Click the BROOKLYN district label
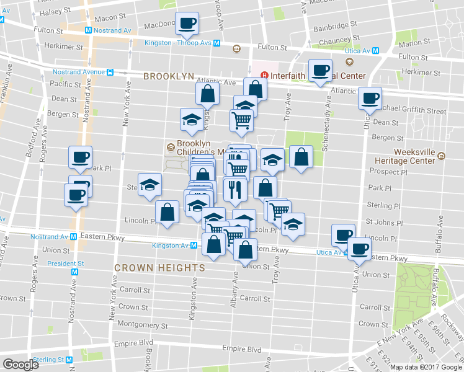coord(169,76)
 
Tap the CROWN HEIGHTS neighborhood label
coord(159,267)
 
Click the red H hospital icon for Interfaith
coord(265,76)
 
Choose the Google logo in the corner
coord(20,365)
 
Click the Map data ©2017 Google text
coord(426,367)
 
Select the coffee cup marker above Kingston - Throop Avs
coord(187,24)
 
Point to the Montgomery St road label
coord(143,324)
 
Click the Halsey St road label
coord(55,12)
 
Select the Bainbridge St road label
coord(336,28)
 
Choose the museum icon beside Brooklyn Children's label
coord(170,148)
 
